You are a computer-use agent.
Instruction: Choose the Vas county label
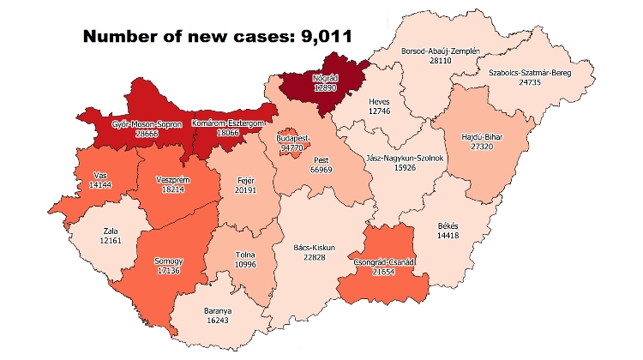pyautogui.click(x=99, y=176)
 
